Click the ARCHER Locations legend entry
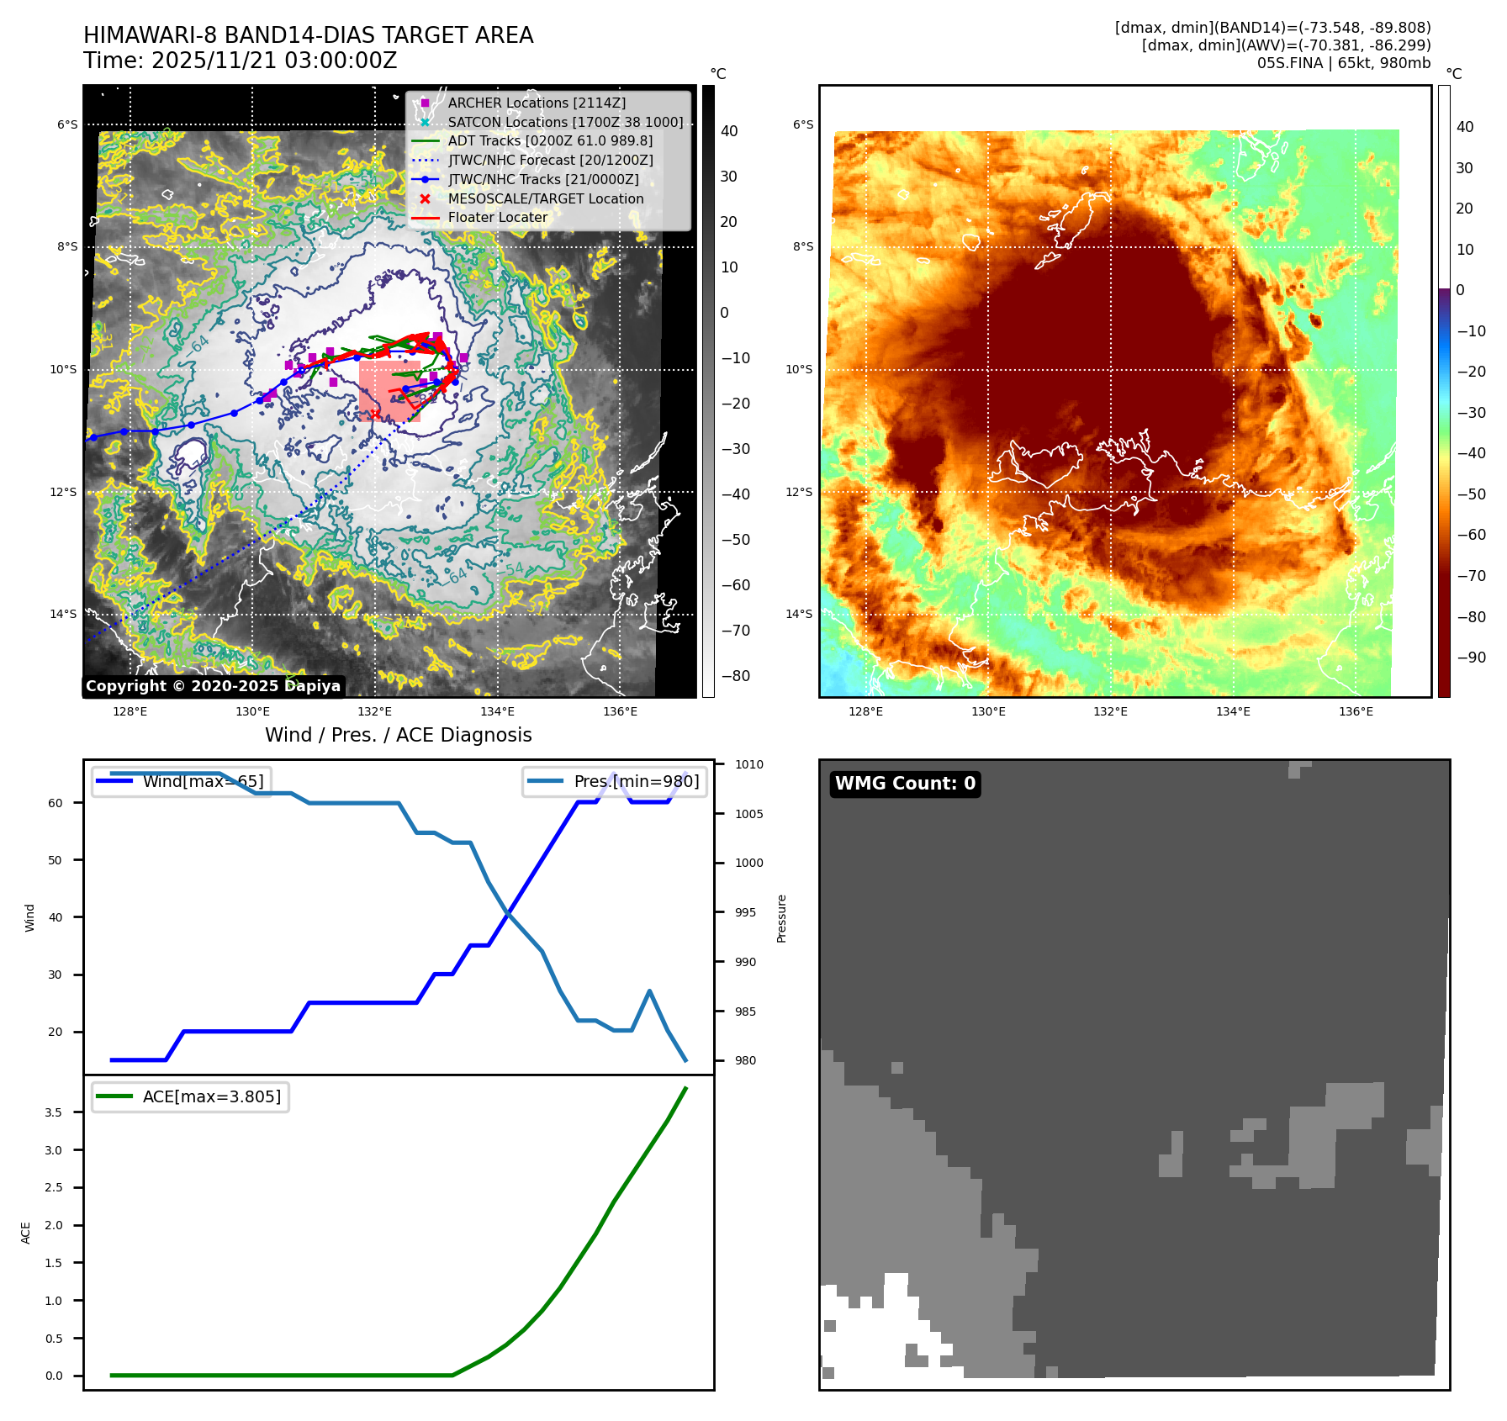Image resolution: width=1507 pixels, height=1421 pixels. pos(537,103)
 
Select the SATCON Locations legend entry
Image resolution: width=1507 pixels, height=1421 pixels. pos(565,122)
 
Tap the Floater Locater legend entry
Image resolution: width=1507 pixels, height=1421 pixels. pos(497,217)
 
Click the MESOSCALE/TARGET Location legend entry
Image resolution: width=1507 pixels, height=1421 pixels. pos(545,198)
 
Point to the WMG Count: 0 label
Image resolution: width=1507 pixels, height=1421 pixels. pos(905,784)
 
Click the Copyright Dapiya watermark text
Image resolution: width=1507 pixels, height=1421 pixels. pos(213,686)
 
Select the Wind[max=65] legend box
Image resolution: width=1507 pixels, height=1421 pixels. pos(181,781)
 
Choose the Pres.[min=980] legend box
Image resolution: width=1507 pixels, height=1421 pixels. pos(615,781)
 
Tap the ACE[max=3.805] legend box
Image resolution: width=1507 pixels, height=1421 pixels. pos(190,1096)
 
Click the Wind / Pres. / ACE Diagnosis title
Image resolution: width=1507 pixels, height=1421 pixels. pos(398,735)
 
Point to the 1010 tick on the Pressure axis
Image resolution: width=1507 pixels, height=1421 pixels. pos(748,764)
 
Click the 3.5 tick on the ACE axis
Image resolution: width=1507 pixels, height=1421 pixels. pos(53,1112)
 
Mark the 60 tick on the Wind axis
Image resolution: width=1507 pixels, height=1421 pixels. pos(56,803)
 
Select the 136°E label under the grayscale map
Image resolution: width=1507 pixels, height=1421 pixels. pos(620,711)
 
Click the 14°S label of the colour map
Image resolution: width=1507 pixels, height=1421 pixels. pos(799,614)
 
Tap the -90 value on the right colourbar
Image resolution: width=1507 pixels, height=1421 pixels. pos(1471,658)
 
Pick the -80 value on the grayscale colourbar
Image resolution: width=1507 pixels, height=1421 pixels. pos(735,676)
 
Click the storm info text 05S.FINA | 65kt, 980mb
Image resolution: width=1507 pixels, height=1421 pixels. pos(1343,63)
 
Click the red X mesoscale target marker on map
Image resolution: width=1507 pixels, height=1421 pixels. pos(374,415)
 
